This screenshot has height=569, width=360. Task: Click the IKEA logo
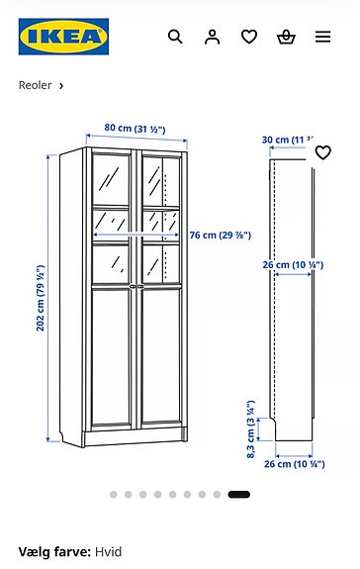pyautogui.click(x=63, y=38)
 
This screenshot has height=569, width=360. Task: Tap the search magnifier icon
pyautogui.click(x=175, y=37)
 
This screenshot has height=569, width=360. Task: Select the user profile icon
pyautogui.click(x=212, y=37)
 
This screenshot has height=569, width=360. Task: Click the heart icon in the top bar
pyautogui.click(x=249, y=37)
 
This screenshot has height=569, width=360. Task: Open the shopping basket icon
pyautogui.click(x=286, y=37)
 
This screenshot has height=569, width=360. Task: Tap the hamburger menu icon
pyautogui.click(x=323, y=37)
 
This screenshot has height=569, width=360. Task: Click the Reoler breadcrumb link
pyautogui.click(x=36, y=85)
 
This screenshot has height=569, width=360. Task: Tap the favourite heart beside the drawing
pyautogui.click(x=322, y=152)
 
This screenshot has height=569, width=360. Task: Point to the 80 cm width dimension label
pyautogui.click(x=135, y=129)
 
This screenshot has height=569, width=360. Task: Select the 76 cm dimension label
pyautogui.click(x=221, y=235)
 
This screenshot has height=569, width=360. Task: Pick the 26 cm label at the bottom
pyautogui.click(x=291, y=463)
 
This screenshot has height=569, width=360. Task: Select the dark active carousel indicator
pyautogui.click(x=238, y=494)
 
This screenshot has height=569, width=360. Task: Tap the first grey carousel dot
pyautogui.click(x=113, y=494)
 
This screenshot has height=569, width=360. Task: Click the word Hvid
pyautogui.click(x=108, y=551)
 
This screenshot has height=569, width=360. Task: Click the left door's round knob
pyautogui.click(x=130, y=288)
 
